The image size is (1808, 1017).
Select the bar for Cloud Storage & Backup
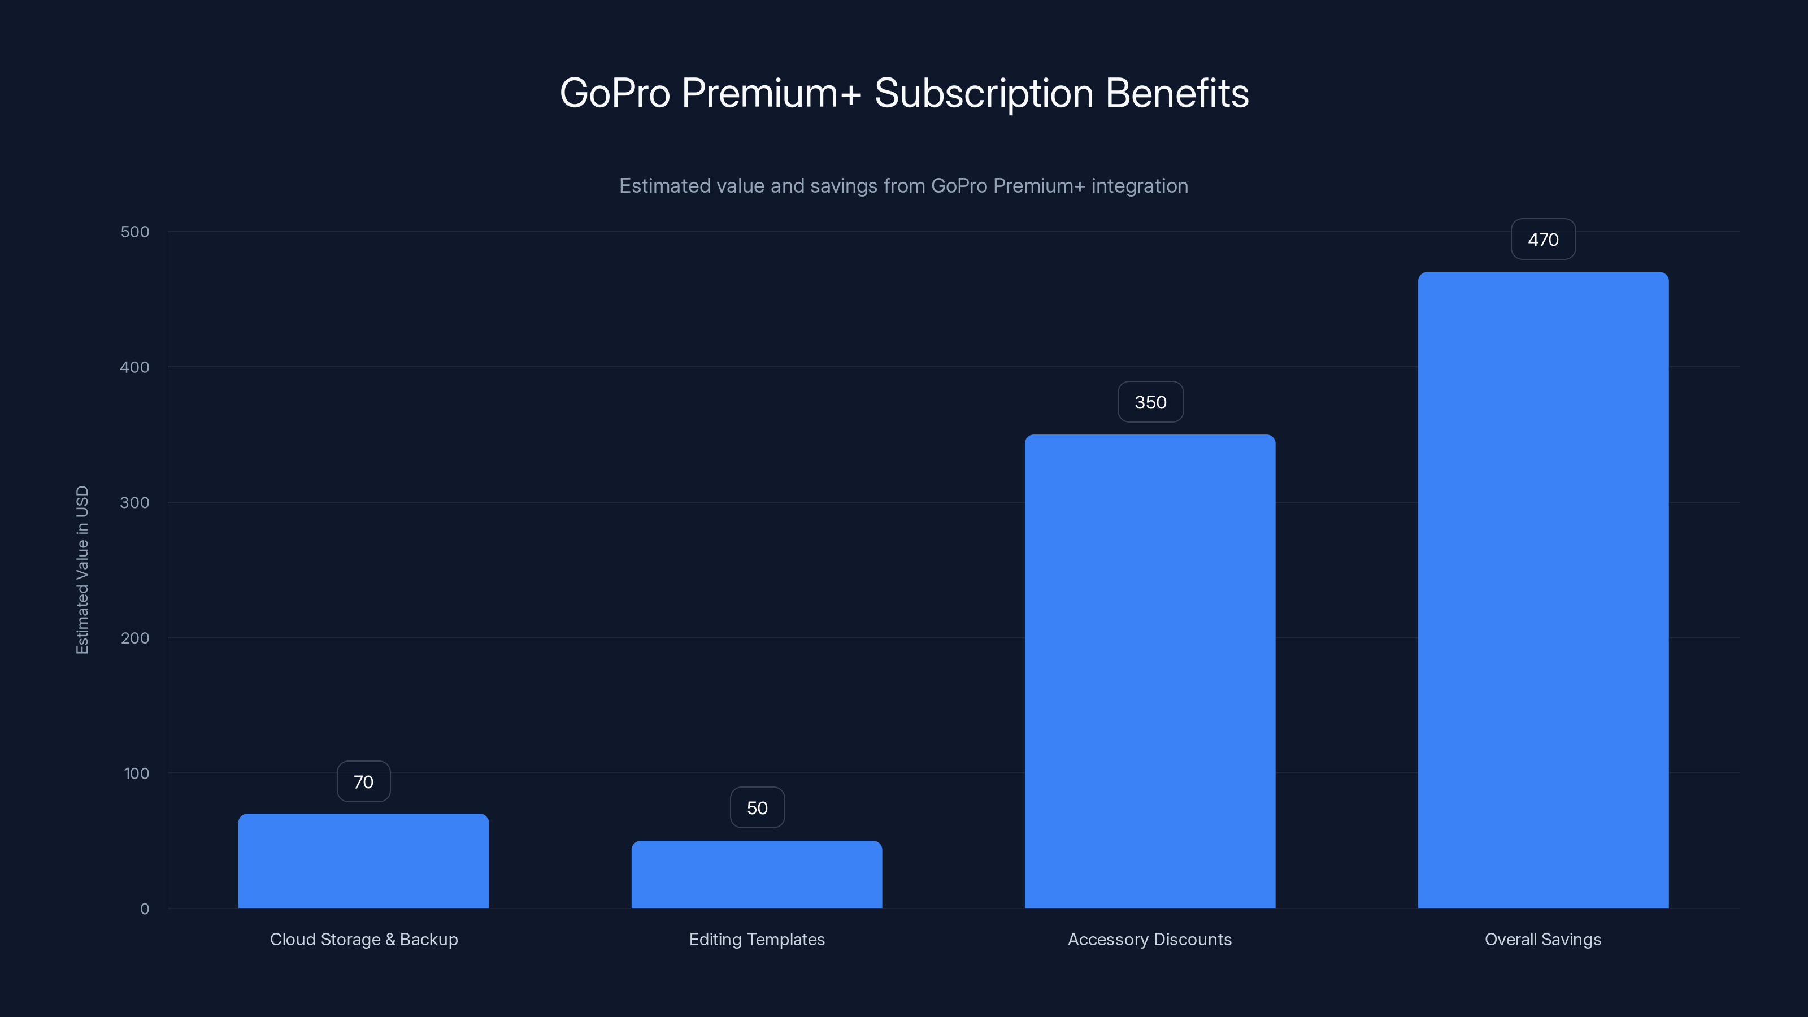click(x=363, y=860)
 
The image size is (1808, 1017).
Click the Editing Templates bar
click(x=757, y=874)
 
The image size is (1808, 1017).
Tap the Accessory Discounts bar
click(x=1150, y=671)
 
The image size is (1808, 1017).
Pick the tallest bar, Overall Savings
click(x=1542, y=589)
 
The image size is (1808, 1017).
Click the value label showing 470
click(x=1542, y=240)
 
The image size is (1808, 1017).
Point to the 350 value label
click(x=1150, y=402)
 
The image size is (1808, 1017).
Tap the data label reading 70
click(x=363, y=782)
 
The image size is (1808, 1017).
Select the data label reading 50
click(x=757, y=808)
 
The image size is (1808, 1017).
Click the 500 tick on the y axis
click(x=135, y=232)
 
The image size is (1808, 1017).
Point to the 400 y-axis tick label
click(x=135, y=367)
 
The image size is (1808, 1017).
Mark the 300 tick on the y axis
click(x=135, y=502)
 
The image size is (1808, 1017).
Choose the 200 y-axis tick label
click(x=135, y=638)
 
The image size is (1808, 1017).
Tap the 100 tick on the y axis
click(x=136, y=773)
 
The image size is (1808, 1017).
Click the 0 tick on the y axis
click(x=145, y=909)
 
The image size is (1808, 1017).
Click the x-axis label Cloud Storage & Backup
click(x=363, y=939)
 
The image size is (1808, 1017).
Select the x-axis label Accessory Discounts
click(x=1150, y=939)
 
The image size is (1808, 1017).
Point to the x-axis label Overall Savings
click(x=1542, y=939)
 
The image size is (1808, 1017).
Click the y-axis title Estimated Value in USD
click(x=82, y=570)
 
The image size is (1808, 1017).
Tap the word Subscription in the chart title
click(x=983, y=93)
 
